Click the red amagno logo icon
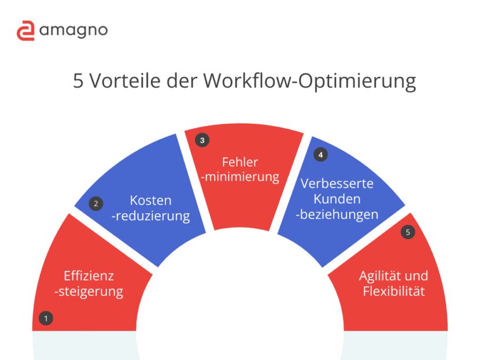coord(25,31)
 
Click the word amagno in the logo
coord(73,31)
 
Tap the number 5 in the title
coord(79,80)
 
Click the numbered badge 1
coord(45,317)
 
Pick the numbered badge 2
coord(96,203)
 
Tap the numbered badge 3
coord(201,140)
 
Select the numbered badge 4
coord(320,154)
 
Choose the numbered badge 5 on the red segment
coord(408,232)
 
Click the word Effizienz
coord(88,276)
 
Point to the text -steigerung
coord(88,291)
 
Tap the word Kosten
coord(151,201)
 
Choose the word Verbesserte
coord(337,184)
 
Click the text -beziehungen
coord(337,214)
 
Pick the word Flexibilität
coord(394,291)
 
